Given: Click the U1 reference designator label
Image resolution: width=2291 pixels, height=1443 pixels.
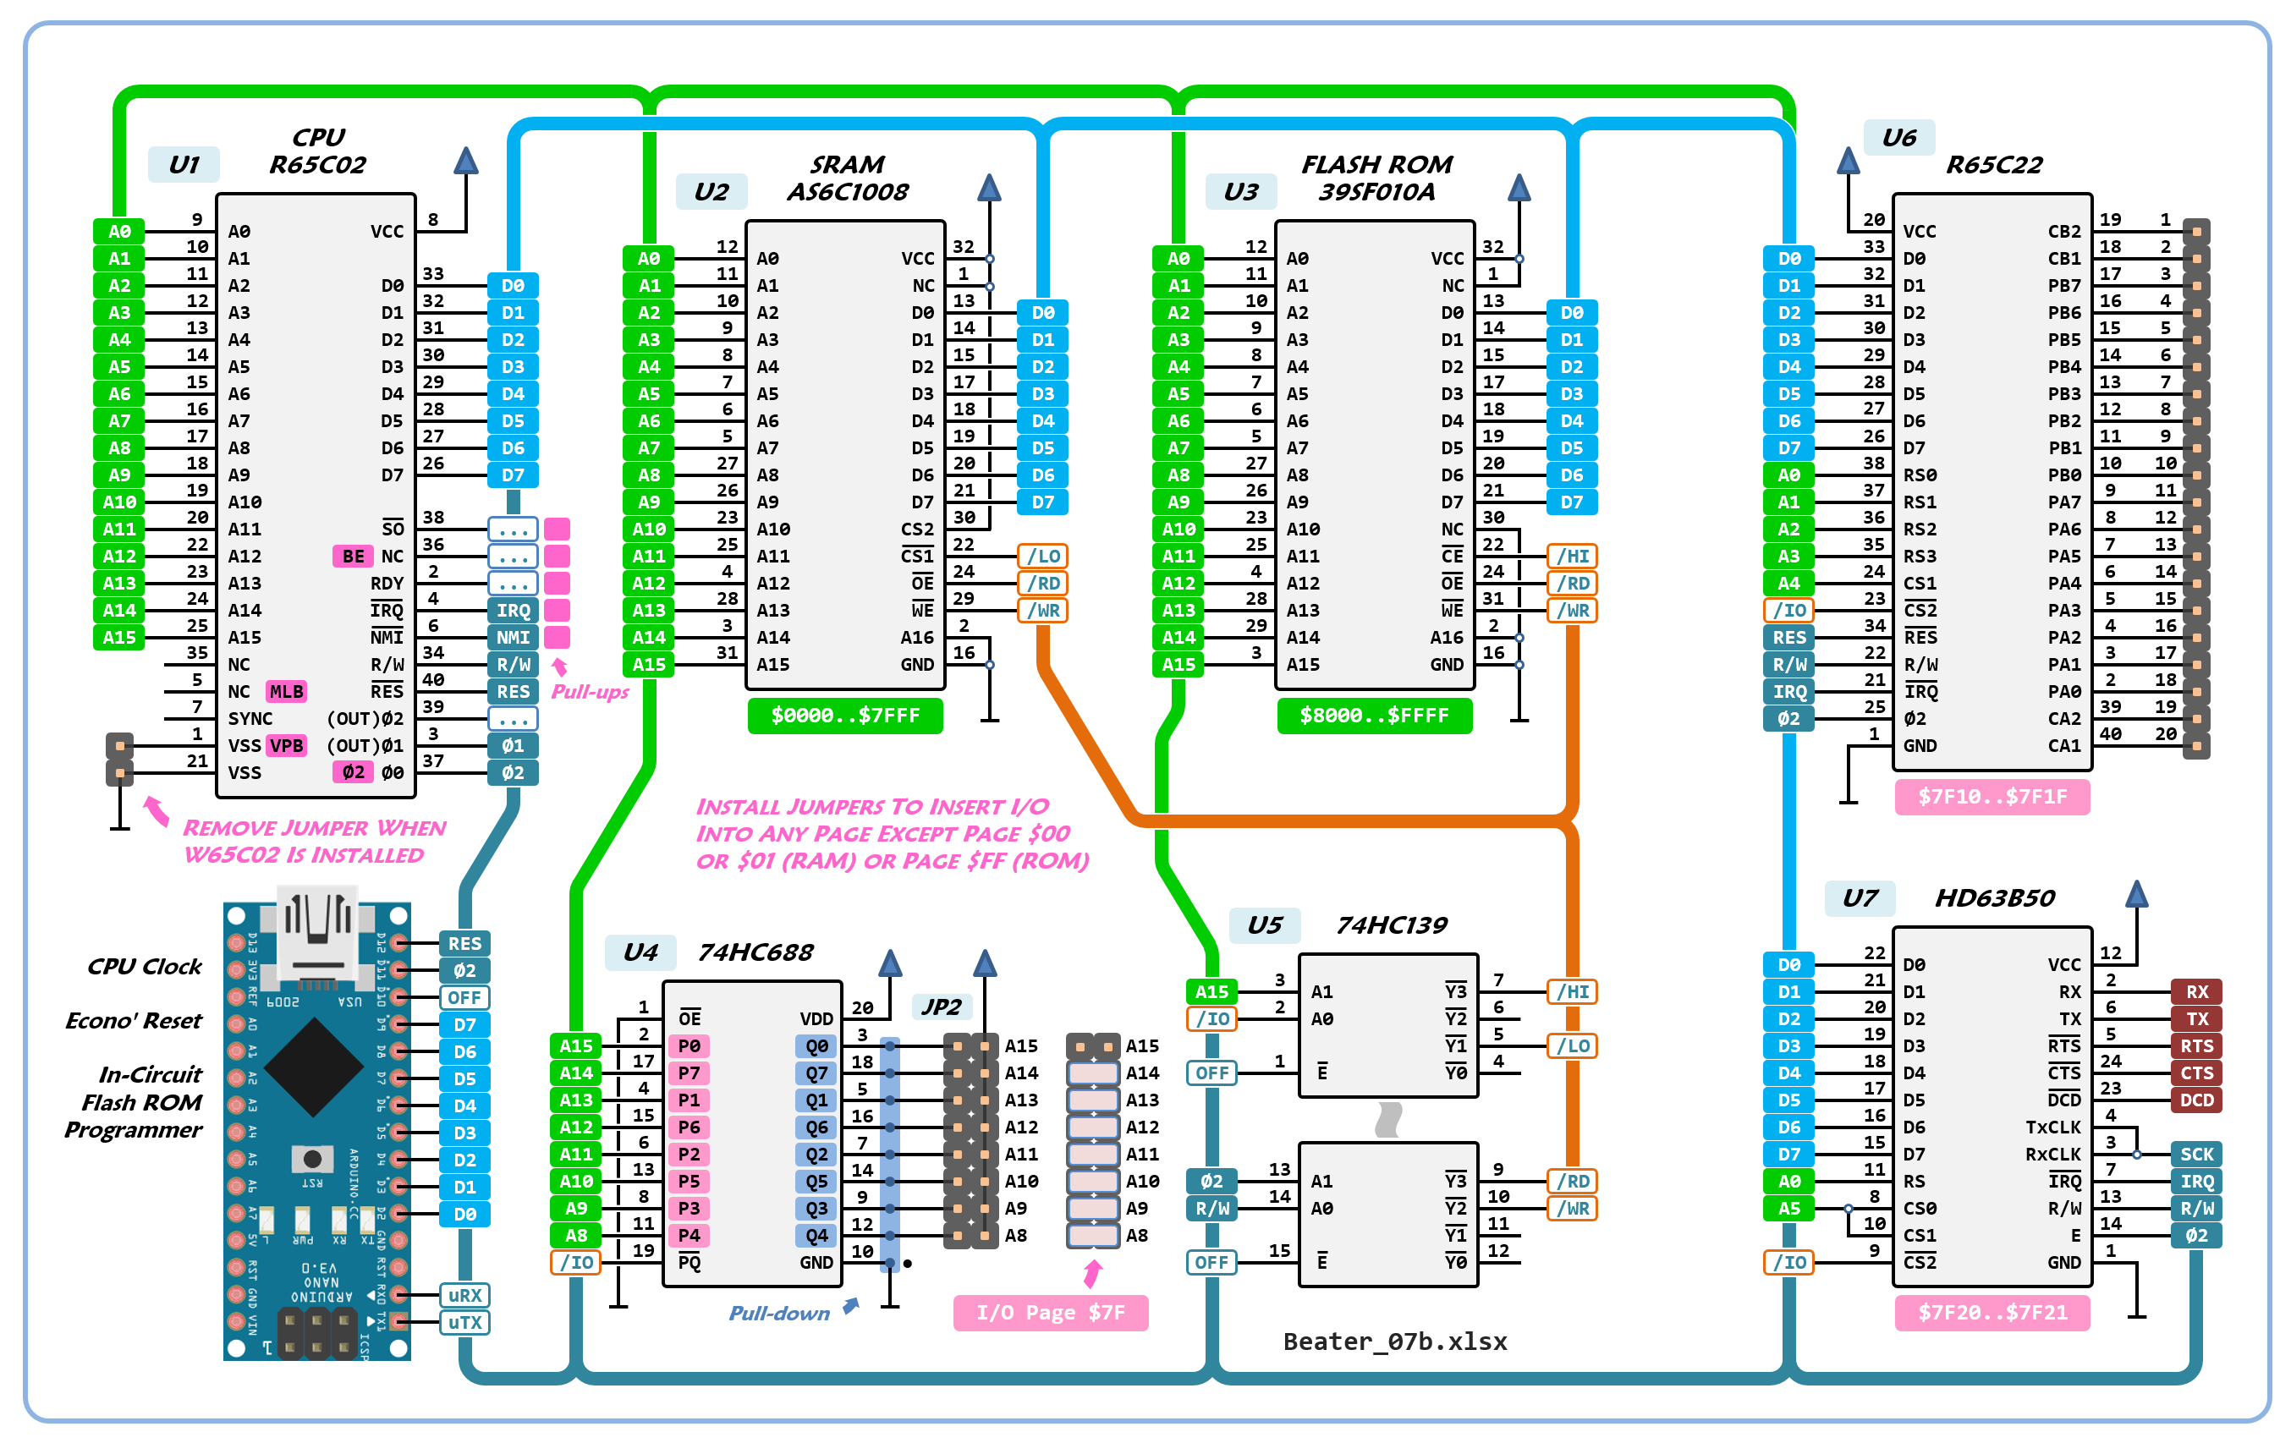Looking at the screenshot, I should pyautogui.click(x=184, y=165).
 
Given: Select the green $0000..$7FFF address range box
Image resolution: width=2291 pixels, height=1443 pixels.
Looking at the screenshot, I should pyautogui.click(x=845, y=716).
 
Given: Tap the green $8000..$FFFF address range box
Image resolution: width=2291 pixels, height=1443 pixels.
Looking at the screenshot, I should pyautogui.click(x=1374, y=716).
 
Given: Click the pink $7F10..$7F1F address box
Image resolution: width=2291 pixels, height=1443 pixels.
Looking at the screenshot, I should pyautogui.click(x=1992, y=797).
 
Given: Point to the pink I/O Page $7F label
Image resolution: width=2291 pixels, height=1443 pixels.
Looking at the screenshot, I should pyautogui.click(x=1051, y=1313).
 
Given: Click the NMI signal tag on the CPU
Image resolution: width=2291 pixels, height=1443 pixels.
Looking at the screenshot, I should pyautogui.click(x=513, y=637).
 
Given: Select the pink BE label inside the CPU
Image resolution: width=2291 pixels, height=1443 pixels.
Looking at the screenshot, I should pyautogui.click(x=353, y=557).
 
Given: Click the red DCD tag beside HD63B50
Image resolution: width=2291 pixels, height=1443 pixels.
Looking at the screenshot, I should pyautogui.click(x=2196, y=1100).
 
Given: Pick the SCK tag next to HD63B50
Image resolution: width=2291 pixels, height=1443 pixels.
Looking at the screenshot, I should pyautogui.click(x=2196, y=1154).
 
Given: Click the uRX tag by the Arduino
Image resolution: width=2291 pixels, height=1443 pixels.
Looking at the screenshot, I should pyautogui.click(x=464, y=1296).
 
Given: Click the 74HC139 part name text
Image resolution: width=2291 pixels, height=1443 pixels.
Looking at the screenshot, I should pyautogui.click(x=1391, y=925).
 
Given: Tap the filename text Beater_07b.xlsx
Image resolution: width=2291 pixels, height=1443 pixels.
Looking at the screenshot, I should pyautogui.click(x=1395, y=1341).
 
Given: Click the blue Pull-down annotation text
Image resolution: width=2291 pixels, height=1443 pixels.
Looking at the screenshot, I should pyautogui.click(x=779, y=1314).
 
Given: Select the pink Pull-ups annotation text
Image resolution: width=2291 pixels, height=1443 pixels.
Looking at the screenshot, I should pyautogui.click(x=590, y=692).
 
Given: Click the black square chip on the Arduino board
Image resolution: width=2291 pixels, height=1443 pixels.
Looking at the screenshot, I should pyautogui.click(x=313, y=1067).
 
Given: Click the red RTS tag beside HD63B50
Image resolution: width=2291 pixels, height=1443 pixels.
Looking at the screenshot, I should pyautogui.click(x=2196, y=1045).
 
